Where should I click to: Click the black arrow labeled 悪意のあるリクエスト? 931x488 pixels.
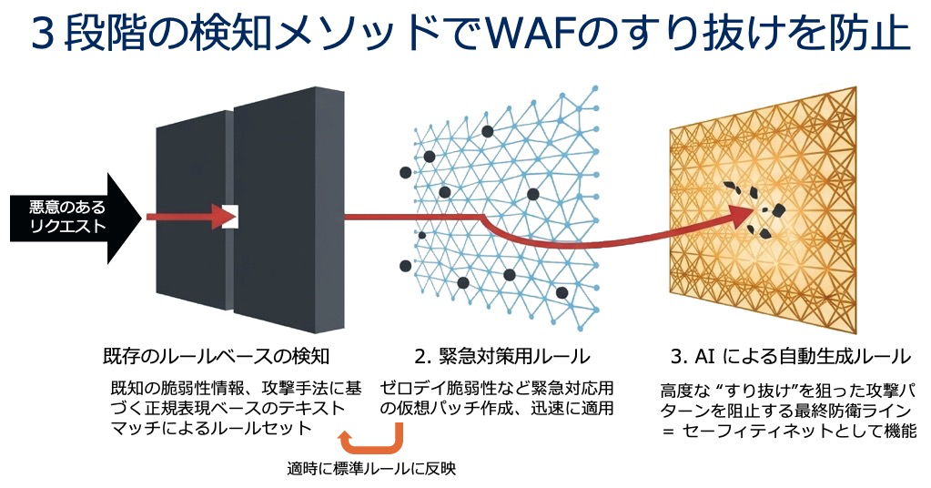pos(76,218)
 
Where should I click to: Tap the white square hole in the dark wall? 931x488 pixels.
pos(230,216)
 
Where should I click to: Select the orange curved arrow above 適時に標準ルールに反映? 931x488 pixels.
pos(371,440)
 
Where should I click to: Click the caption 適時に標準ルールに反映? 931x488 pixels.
pos(371,468)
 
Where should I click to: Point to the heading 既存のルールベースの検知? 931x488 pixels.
pos(216,356)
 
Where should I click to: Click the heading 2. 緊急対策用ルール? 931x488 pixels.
pos(502,356)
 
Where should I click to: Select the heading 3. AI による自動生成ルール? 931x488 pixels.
pos(790,356)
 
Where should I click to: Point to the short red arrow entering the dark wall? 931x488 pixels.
pos(187,217)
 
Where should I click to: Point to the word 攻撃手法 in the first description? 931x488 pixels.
pos(303,388)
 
